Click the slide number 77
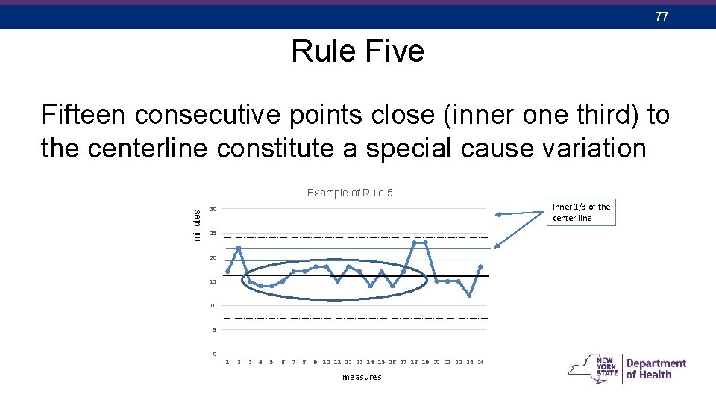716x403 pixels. pyautogui.click(x=662, y=16)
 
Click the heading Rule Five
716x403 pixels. pyautogui.click(x=357, y=51)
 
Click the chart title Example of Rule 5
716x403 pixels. pyautogui.click(x=350, y=193)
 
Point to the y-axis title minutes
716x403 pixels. pyautogui.click(x=198, y=225)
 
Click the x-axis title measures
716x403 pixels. pyautogui.click(x=361, y=377)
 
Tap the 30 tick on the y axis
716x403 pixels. pyautogui.click(x=213, y=209)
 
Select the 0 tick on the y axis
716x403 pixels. pyautogui.click(x=215, y=354)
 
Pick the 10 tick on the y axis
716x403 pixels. pyautogui.click(x=213, y=306)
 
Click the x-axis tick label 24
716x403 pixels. pyautogui.click(x=480, y=363)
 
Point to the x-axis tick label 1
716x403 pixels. pyautogui.click(x=227, y=363)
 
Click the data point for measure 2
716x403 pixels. pyautogui.click(x=239, y=248)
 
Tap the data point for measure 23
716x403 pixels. pyautogui.click(x=469, y=296)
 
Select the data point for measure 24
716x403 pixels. pyautogui.click(x=480, y=266)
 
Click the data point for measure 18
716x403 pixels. pyautogui.click(x=414, y=243)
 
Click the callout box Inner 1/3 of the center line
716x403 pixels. pyautogui.click(x=581, y=213)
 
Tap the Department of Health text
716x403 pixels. pyautogui.click(x=656, y=369)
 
